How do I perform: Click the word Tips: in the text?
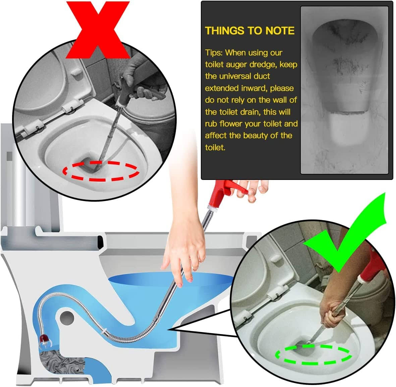point(214,53)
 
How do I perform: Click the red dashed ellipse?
point(101,180)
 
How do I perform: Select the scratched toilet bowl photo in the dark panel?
point(344,90)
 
